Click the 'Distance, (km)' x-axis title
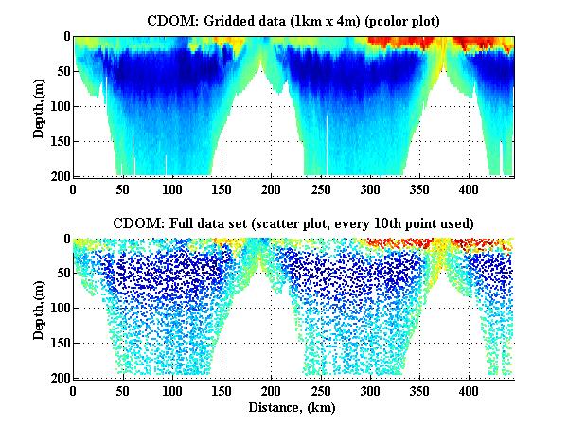click(x=293, y=408)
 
